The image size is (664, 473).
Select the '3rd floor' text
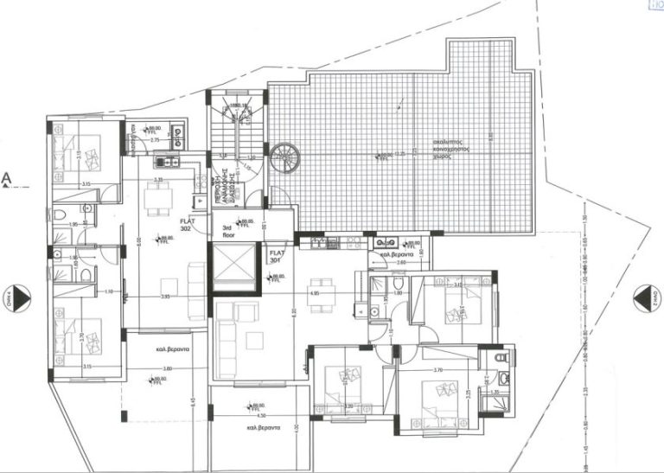(229, 229)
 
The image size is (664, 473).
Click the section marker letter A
(7, 179)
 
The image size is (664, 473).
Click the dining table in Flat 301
(322, 286)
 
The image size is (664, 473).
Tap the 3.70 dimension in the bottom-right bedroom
(438, 370)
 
